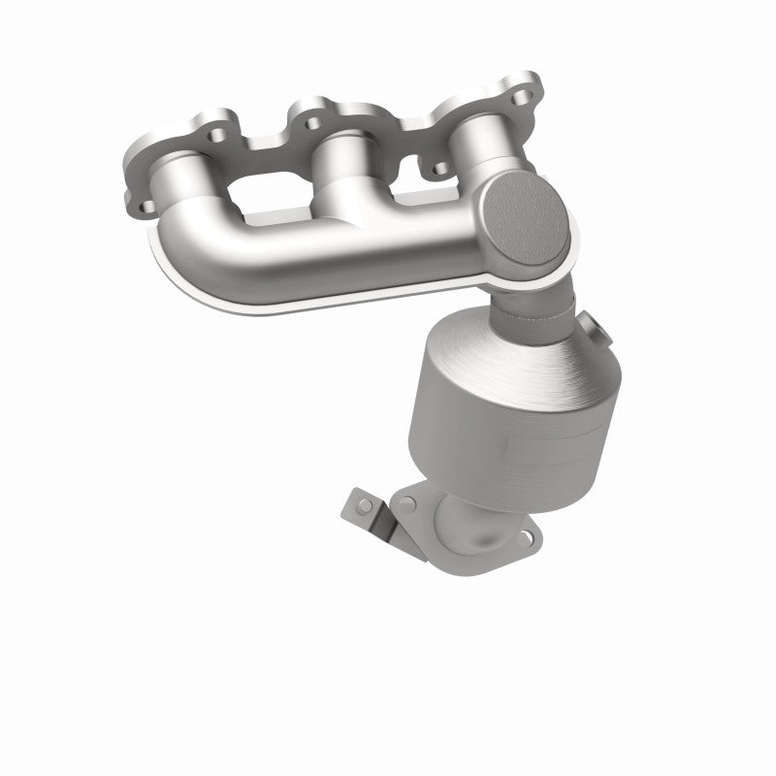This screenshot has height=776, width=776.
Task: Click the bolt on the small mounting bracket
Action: click(x=365, y=505)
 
